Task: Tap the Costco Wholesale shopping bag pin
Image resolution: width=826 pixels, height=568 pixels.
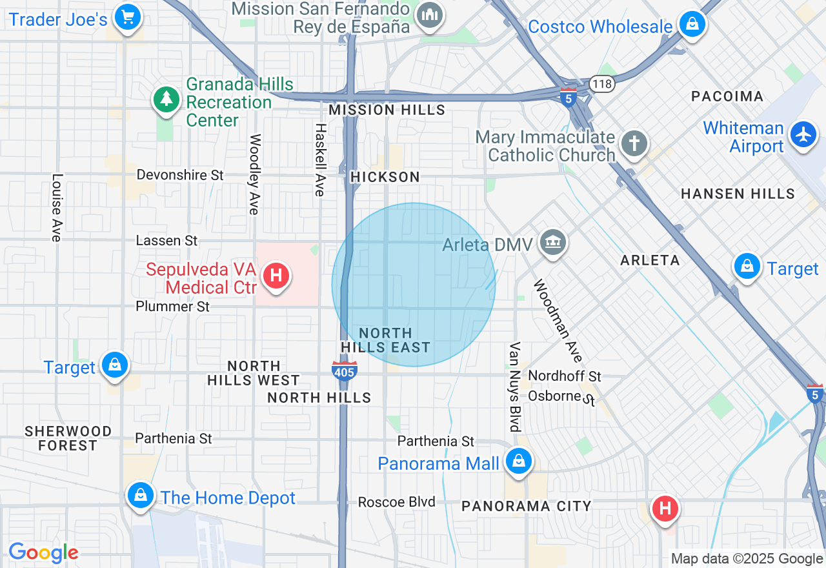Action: [x=692, y=24]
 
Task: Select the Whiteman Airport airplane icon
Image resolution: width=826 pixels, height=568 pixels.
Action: [x=803, y=135]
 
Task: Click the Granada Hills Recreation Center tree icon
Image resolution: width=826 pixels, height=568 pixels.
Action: [x=166, y=99]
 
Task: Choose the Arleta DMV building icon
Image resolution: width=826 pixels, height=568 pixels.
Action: [x=552, y=243]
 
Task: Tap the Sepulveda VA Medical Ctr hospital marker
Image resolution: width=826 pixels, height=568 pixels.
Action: [x=276, y=276]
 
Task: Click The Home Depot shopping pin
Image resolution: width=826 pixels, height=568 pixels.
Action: [x=139, y=495]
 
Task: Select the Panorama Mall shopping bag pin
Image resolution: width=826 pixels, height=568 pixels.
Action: [x=518, y=461]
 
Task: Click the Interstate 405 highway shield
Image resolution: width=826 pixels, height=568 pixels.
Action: [x=345, y=371]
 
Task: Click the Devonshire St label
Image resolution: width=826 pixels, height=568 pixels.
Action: [x=180, y=175]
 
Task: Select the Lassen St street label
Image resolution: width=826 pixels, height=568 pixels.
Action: [x=166, y=240]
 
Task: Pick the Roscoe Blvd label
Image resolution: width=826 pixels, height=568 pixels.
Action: [x=396, y=502]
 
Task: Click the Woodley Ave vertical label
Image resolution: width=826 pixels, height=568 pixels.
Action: [x=255, y=174]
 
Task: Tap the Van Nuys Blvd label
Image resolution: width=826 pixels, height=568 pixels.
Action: [x=514, y=387]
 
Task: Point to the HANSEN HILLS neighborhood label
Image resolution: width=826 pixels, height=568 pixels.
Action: [x=738, y=194]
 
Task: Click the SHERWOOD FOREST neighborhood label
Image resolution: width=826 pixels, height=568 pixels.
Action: [x=68, y=438]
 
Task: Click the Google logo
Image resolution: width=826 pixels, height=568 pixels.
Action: [x=43, y=553]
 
